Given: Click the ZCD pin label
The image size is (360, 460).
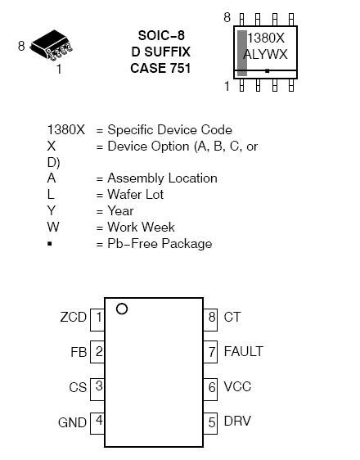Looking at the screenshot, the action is pyautogui.click(x=74, y=317).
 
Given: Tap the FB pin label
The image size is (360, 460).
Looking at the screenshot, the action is pyautogui.click(x=79, y=352).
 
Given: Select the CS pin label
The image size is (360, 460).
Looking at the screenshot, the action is pyautogui.click(x=78, y=387).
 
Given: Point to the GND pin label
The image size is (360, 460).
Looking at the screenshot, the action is pyautogui.click(x=73, y=422).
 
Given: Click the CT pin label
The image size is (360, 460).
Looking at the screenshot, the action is pyautogui.click(x=232, y=317).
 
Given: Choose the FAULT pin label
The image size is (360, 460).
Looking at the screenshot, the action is pyautogui.click(x=243, y=351).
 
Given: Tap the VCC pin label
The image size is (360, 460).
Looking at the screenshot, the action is pyautogui.click(x=237, y=386).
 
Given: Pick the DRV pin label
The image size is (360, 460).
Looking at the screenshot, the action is pyautogui.click(x=237, y=421).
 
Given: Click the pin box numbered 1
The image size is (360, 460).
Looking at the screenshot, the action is pyautogui.click(x=97, y=320).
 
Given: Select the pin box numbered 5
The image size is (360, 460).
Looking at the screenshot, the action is pyautogui.click(x=210, y=423).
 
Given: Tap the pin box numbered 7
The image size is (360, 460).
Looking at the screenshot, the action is pyautogui.click(x=210, y=352).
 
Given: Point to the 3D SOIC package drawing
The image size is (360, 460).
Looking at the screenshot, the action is pyautogui.click(x=52, y=45).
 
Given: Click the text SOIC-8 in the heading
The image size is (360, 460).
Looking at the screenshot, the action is pyautogui.click(x=161, y=35).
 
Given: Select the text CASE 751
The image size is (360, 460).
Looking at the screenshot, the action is pyautogui.click(x=160, y=69).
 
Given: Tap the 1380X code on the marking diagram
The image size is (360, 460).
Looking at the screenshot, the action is pyautogui.click(x=266, y=38).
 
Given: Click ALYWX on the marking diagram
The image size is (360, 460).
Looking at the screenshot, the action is pyautogui.click(x=265, y=55).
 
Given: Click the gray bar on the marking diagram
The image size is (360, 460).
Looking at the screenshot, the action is pyautogui.click(x=242, y=53).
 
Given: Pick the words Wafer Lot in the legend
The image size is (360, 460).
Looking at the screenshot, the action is pyautogui.click(x=136, y=195).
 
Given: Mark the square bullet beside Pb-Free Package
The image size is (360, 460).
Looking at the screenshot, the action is pyautogui.click(x=50, y=243).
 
